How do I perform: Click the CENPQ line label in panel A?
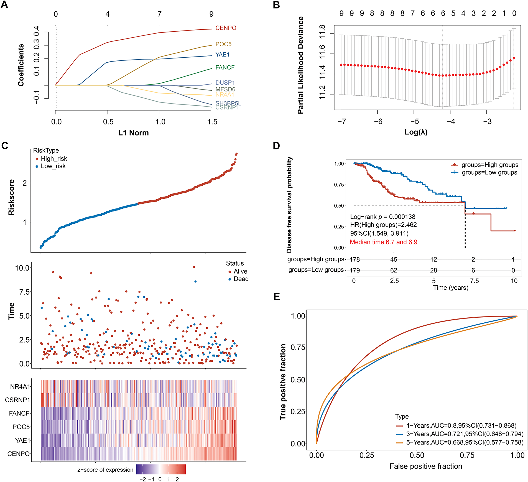(x=226, y=28)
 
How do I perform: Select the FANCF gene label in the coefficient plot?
(x=225, y=67)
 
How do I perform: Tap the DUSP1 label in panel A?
(x=225, y=83)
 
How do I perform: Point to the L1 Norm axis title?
(x=133, y=133)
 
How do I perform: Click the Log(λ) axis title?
(x=416, y=132)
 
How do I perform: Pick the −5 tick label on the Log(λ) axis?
(x=414, y=121)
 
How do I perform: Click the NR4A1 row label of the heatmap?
(x=20, y=386)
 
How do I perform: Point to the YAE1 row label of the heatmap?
(x=22, y=440)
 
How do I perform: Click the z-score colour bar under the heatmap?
(x=161, y=469)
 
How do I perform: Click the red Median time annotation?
(x=383, y=242)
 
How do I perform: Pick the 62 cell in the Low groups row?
(x=394, y=270)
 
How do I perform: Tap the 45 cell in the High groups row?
(x=394, y=259)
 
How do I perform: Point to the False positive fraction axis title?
(x=426, y=466)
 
